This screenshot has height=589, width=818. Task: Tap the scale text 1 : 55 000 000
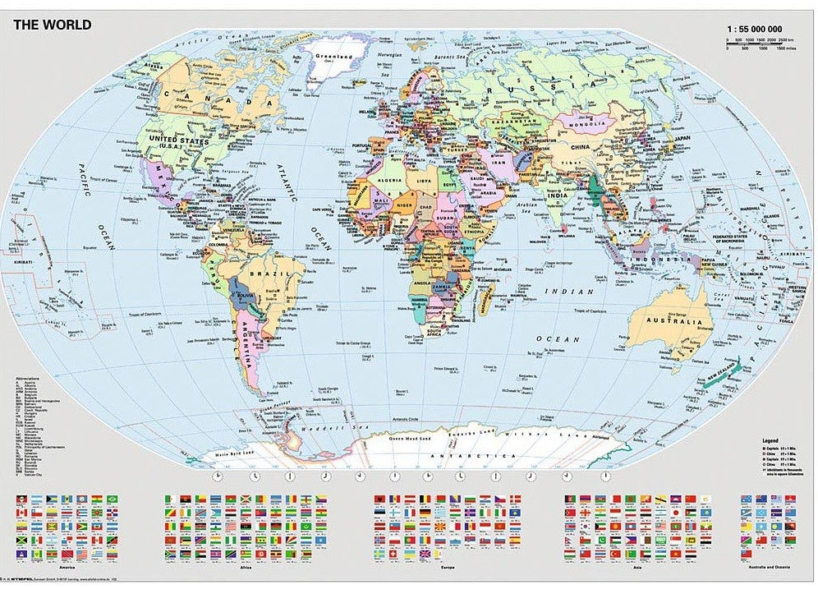coord(759,29)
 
